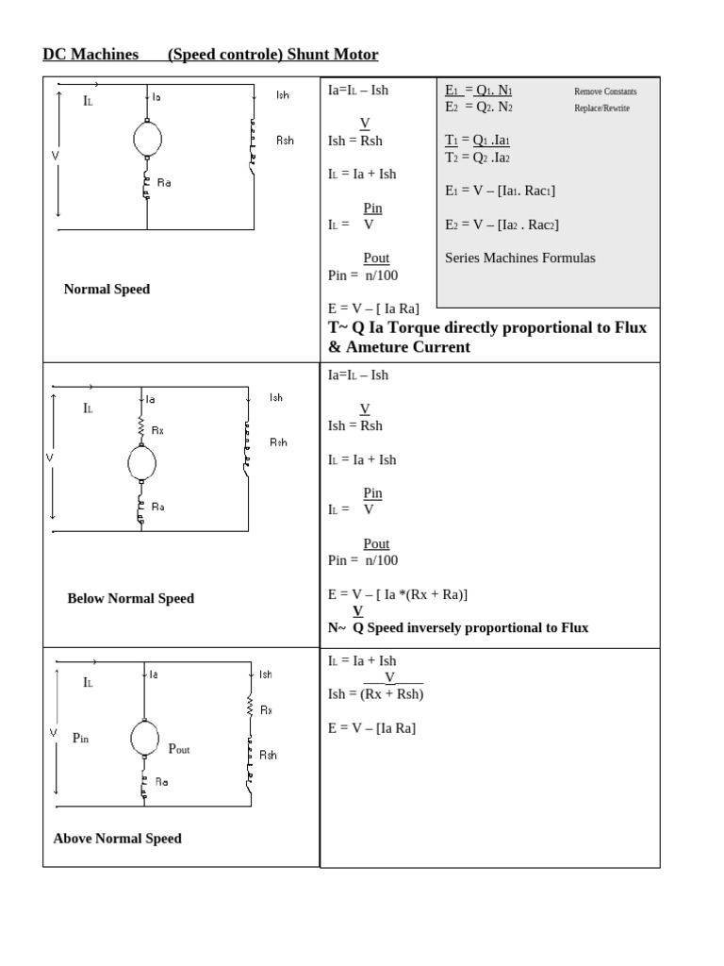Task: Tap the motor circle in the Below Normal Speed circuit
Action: click(141, 463)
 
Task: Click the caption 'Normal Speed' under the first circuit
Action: click(107, 289)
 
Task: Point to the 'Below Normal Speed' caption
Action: click(130, 598)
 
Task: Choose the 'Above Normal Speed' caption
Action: click(118, 838)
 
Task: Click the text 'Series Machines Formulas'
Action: click(519, 258)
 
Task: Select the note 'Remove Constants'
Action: click(605, 92)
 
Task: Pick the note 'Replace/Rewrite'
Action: click(601, 108)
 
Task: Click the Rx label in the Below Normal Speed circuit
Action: click(157, 430)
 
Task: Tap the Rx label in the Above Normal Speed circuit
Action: click(267, 710)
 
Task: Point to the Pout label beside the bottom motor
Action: click(179, 748)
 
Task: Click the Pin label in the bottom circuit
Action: click(80, 739)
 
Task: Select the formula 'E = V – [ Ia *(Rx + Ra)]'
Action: click(397, 594)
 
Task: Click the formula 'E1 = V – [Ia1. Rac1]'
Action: click(500, 191)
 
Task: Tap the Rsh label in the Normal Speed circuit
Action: click(285, 140)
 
